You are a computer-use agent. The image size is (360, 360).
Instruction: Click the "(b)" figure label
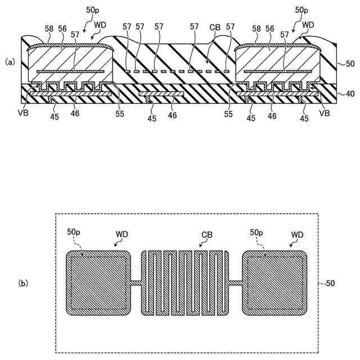tap(24, 283)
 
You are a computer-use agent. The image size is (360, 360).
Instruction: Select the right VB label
tap(323, 112)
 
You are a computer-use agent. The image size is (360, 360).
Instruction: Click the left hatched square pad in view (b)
tap(98, 282)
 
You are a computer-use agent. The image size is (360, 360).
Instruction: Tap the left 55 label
tap(119, 113)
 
